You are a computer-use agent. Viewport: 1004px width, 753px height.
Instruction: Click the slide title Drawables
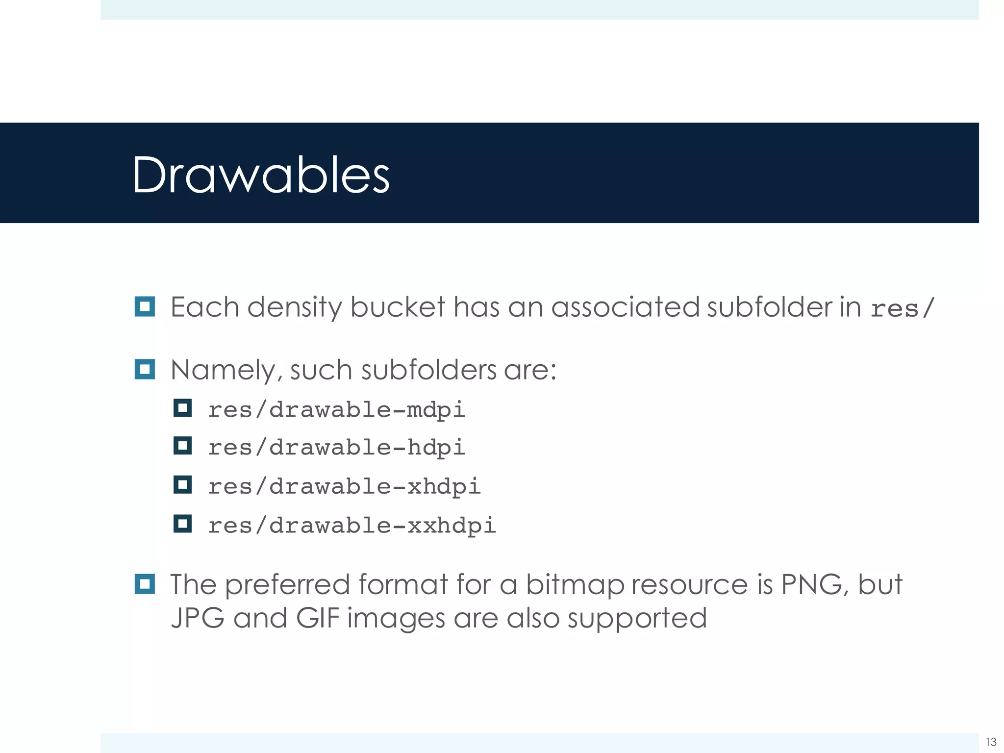tap(261, 175)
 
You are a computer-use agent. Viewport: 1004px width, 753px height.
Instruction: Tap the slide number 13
tap(991, 742)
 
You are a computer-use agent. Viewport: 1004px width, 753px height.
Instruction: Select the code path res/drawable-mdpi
tap(336, 410)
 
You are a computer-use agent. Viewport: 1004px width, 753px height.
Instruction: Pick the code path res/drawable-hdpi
tap(336, 448)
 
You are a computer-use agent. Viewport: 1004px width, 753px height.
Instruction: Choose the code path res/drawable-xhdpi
tap(344, 486)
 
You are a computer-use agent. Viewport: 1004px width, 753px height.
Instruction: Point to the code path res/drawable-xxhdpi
tap(352, 526)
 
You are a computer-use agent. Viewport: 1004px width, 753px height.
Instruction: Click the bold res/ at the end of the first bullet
tap(902, 308)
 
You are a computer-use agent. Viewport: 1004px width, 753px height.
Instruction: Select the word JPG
tap(198, 618)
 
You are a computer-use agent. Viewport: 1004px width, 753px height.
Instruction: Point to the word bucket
tap(397, 307)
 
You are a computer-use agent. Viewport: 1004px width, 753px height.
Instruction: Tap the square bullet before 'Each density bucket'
tap(145, 307)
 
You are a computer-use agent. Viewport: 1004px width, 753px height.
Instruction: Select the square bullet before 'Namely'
tap(145, 369)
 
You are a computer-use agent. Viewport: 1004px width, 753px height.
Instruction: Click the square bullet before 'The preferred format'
tap(145, 584)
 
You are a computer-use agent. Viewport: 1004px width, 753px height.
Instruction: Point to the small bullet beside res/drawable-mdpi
tap(182, 408)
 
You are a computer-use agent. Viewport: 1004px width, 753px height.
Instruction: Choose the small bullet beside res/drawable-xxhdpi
tap(182, 524)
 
